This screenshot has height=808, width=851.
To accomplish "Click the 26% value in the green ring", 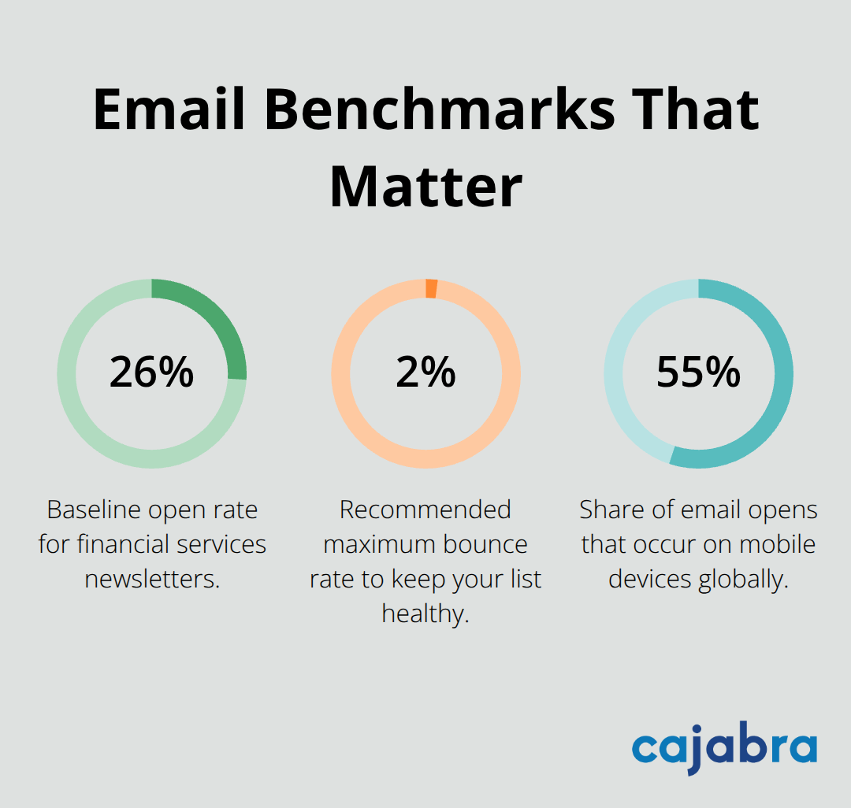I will pos(151,372).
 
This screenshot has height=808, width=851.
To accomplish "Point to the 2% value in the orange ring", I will pos(425,372).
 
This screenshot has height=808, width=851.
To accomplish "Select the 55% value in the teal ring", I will pos(698,372).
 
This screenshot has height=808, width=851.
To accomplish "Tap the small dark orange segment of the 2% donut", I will pos(431,288).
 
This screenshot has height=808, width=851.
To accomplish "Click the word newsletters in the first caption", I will pos(151,579).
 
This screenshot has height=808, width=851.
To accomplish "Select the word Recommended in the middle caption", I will pos(425,510).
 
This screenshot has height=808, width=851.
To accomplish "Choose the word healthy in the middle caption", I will pos(425,613).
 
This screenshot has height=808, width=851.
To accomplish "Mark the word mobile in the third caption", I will pos(776,544).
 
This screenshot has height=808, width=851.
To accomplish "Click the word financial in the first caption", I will pos(130,544).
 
